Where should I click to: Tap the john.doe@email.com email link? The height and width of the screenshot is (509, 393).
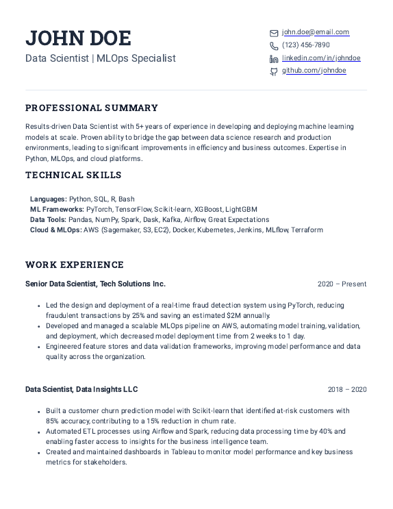click(316, 32)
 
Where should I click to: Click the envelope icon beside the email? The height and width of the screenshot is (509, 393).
click(274, 33)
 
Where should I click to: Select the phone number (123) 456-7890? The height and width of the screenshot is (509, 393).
click(305, 45)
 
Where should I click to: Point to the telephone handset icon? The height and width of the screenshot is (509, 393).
click(274, 46)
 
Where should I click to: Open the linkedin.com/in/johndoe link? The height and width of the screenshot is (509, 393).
click(321, 58)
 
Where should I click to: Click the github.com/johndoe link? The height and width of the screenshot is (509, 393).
click(314, 71)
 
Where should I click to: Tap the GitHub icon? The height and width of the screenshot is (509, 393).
click(274, 71)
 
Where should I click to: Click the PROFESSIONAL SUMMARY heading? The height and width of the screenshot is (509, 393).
click(92, 108)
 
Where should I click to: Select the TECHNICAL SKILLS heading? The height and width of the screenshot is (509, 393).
click(73, 175)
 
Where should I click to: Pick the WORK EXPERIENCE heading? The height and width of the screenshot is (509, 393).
click(75, 264)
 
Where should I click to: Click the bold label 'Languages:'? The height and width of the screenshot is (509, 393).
click(49, 199)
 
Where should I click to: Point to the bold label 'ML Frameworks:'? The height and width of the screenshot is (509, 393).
click(57, 209)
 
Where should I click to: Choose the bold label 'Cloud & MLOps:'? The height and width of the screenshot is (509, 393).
click(55, 230)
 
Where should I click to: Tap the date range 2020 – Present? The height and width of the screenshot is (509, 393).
click(342, 284)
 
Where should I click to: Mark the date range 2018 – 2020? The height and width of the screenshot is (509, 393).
click(346, 390)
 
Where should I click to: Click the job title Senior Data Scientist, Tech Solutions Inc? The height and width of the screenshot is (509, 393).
click(95, 284)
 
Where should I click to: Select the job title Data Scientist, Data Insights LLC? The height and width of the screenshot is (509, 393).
click(81, 389)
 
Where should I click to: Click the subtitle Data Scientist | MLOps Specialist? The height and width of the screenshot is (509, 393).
click(101, 59)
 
